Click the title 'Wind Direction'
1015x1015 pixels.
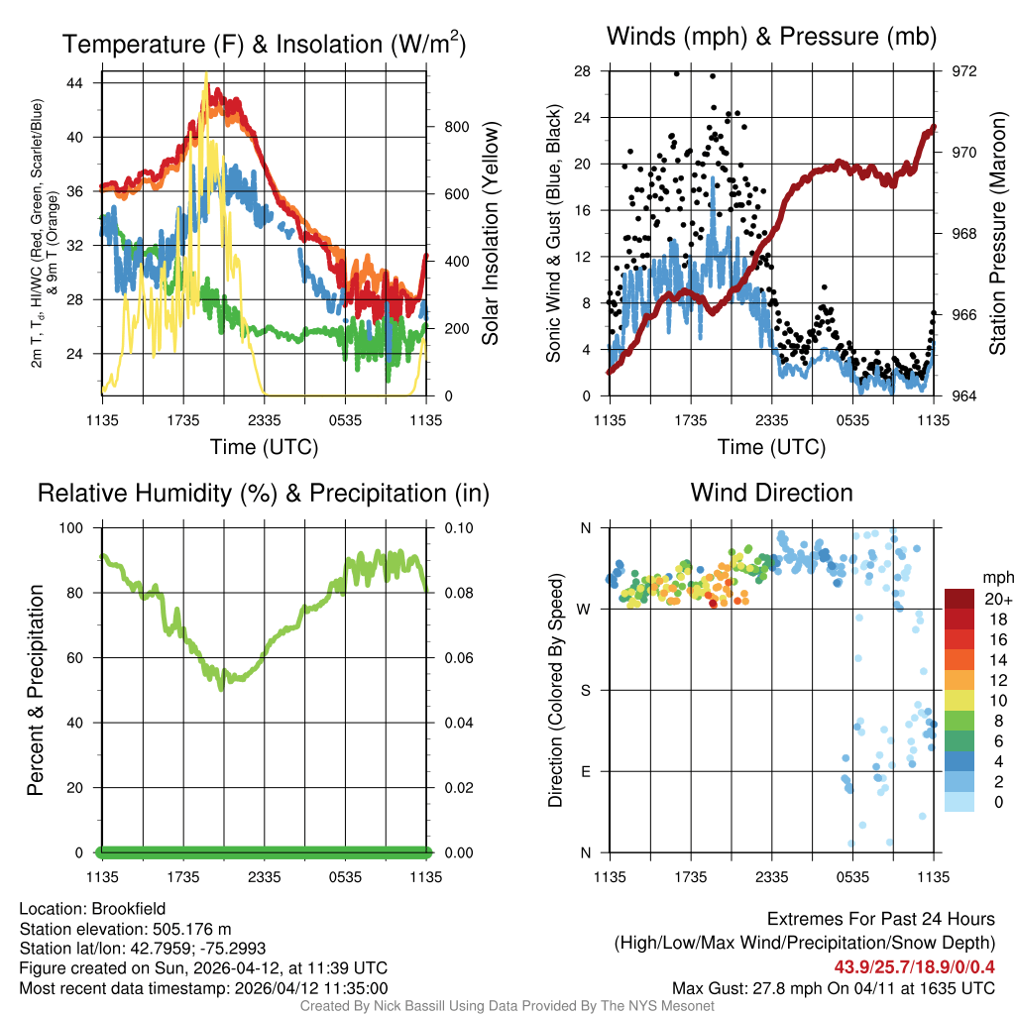771,493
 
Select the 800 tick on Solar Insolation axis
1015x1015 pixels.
443,127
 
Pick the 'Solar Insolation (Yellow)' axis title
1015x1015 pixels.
490,233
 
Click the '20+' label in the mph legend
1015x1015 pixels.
996,599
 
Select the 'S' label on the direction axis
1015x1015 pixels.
585,690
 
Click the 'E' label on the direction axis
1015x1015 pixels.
585,771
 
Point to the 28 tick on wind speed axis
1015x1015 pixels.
583,71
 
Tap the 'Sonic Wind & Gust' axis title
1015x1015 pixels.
556,233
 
